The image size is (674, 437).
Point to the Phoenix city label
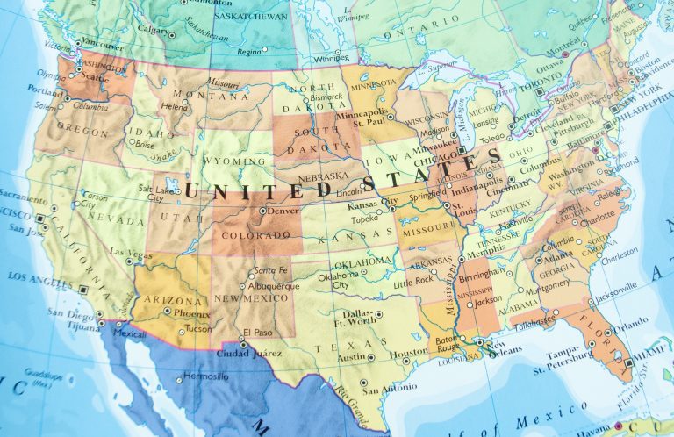[x=190, y=313]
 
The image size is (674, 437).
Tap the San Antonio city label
[x=387, y=389]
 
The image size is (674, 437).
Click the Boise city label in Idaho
[x=145, y=145]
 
